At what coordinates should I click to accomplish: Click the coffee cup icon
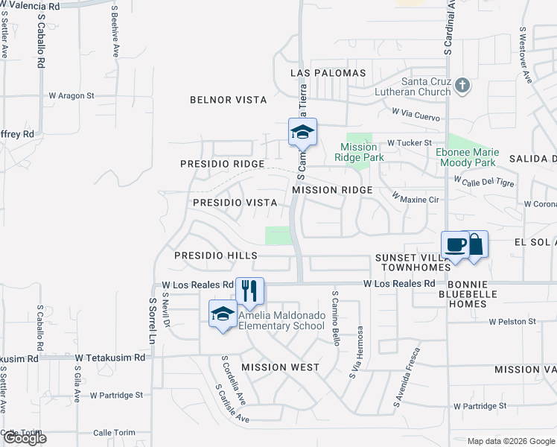coord(456,244)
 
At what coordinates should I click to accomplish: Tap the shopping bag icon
coord(476,244)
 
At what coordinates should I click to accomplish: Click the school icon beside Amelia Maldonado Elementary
coord(223,314)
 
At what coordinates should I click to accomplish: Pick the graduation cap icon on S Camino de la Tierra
coord(302,133)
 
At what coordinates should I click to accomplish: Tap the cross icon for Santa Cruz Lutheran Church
coord(462,86)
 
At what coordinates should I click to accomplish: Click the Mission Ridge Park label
coord(358,152)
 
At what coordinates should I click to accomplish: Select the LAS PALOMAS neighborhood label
coord(328,73)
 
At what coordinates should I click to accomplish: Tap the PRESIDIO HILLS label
coord(216,256)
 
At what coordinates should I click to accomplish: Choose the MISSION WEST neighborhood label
coord(281,367)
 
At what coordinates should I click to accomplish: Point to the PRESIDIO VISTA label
coord(235,203)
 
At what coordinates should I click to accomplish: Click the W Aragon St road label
coord(71,95)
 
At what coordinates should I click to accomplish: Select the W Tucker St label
coord(409,142)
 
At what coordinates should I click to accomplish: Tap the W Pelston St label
coord(512,322)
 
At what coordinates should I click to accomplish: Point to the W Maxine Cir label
coord(416,198)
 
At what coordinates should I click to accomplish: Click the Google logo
coord(24,439)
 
